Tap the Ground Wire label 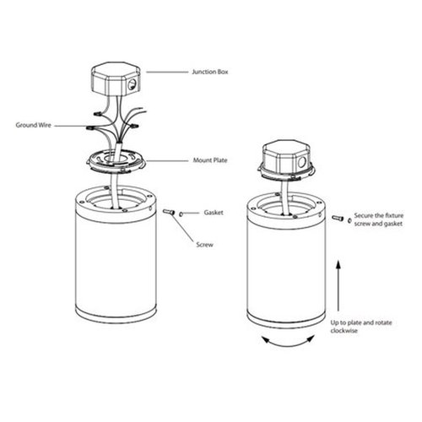pos(35,125)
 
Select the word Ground pos(25,125)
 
